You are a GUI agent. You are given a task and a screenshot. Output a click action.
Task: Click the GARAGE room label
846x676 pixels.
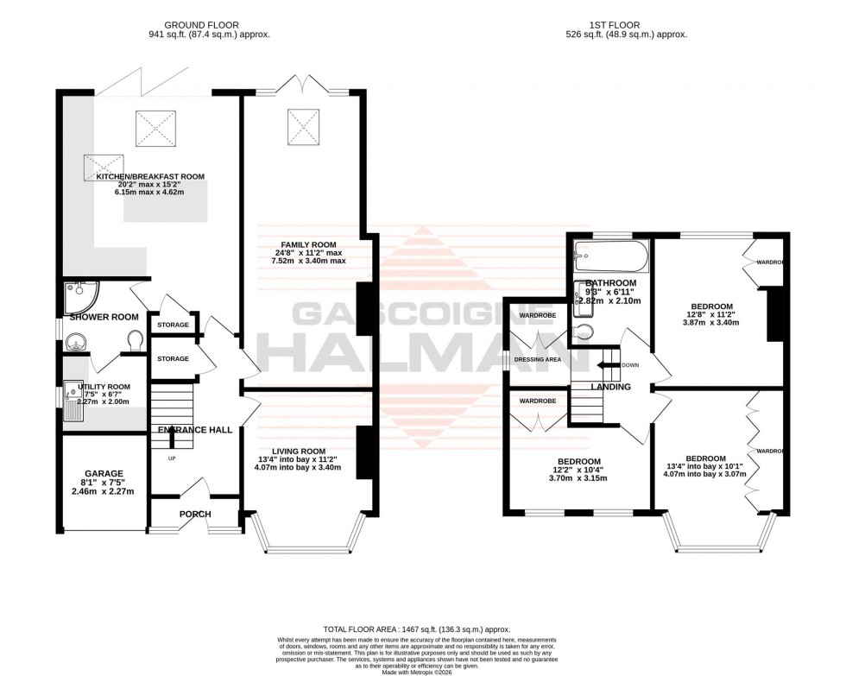[104, 473]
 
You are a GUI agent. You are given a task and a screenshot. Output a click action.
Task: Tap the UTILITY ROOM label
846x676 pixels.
[104, 387]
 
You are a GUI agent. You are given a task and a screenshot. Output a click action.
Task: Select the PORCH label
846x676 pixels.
[195, 515]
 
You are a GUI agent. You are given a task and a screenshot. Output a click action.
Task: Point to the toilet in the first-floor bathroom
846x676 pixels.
[584, 332]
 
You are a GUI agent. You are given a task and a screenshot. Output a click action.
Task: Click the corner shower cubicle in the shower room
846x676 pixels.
[80, 295]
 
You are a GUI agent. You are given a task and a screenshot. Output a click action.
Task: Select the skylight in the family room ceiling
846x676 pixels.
[305, 128]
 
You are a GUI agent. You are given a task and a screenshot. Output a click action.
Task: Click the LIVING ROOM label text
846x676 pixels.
[299, 451]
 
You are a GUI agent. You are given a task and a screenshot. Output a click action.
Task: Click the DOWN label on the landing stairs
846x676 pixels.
[629, 365]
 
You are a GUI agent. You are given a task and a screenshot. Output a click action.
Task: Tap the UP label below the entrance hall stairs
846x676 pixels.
[171, 458]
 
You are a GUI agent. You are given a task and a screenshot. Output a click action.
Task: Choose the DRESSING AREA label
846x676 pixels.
[538, 359]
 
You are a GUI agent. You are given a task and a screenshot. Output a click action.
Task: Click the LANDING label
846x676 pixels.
[610, 388]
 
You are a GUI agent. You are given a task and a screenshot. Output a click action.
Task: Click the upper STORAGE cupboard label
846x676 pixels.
[174, 325]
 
